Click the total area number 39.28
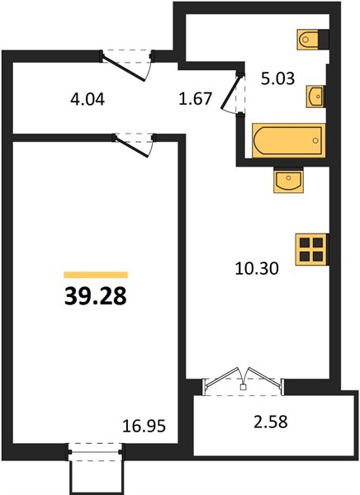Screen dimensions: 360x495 96,297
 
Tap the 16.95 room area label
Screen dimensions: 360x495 144,427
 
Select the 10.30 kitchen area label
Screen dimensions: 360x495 257,269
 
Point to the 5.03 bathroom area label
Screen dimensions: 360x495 277,78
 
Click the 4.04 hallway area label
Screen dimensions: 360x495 88,100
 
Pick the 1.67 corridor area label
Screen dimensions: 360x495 195,98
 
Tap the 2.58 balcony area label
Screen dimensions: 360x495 271,422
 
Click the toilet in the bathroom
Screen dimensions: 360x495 307,40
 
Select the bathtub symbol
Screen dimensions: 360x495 288,141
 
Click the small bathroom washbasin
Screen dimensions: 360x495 315,97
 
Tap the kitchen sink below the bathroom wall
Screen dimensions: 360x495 288,180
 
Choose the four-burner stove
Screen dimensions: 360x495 311,249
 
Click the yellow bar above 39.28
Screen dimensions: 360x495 96,275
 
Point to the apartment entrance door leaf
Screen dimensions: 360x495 124,68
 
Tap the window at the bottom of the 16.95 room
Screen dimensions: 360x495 96,452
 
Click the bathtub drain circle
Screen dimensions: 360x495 315,141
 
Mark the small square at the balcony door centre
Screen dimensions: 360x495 243,387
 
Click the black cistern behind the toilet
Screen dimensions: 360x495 324,40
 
